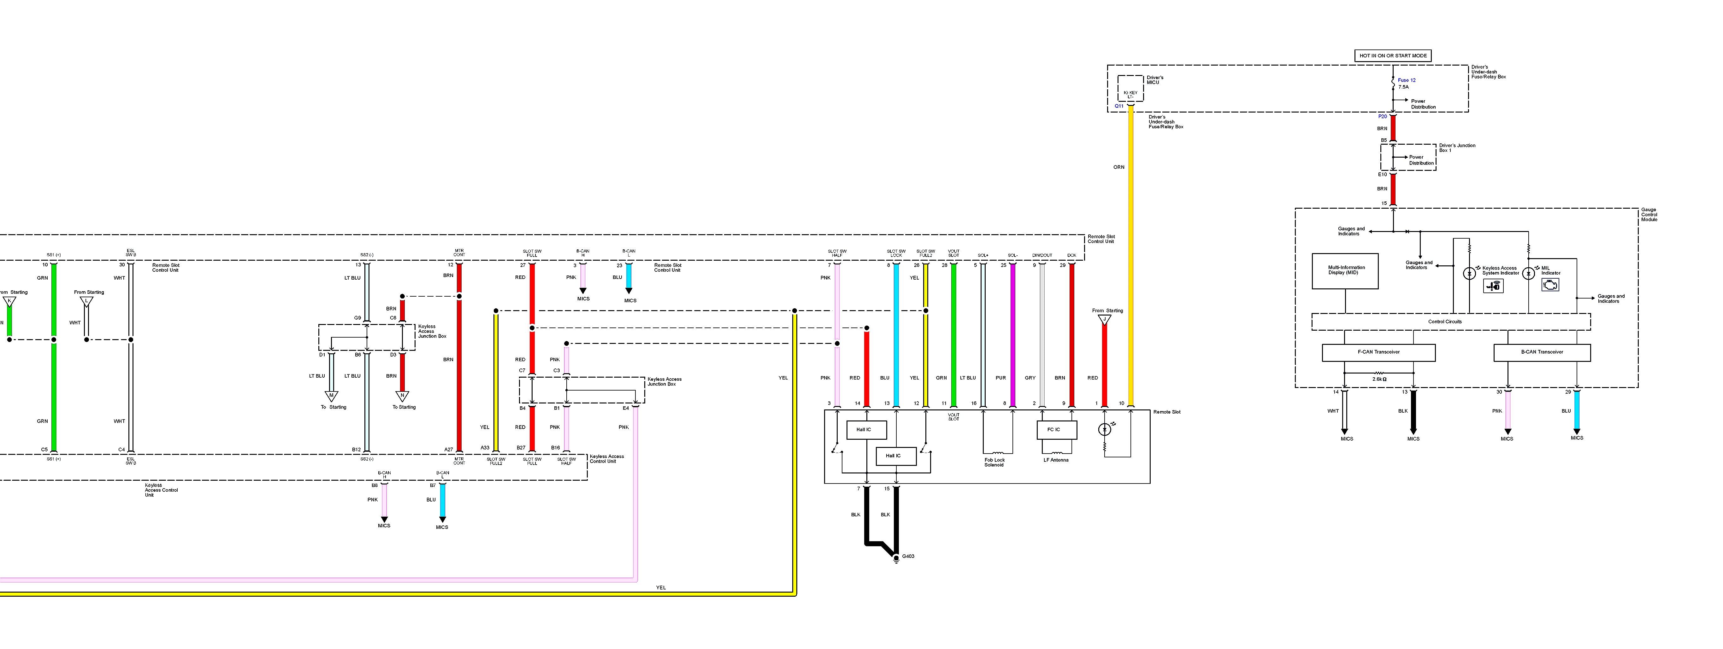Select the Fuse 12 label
click(x=1407, y=80)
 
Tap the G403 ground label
click(x=908, y=556)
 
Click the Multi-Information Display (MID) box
click(x=1345, y=271)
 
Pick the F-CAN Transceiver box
click(x=1378, y=352)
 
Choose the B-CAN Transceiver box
click(x=1542, y=352)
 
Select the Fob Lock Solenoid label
click(x=994, y=462)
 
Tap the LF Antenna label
click(x=1055, y=460)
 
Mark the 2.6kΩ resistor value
click(x=1379, y=379)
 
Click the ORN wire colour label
click(x=1118, y=167)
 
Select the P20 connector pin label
click(x=1383, y=116)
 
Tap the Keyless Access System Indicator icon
click(x=1493, y=286)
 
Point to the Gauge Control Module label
click(x=1649, y=215)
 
